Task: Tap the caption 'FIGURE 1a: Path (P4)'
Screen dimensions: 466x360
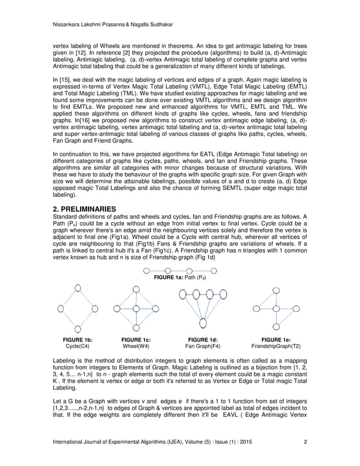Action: coord(179,278)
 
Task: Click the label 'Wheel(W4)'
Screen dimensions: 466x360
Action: coord(135,346)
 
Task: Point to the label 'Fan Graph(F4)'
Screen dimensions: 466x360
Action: coord(203,346)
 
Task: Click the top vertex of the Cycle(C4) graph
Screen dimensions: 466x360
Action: coord(77,289)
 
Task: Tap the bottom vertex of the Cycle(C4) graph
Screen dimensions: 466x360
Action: coord(77,329)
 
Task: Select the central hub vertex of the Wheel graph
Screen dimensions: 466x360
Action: coord(135,309)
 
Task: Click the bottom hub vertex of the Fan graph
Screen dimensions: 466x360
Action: coord(202,329)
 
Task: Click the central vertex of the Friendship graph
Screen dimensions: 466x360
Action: coord(275,309)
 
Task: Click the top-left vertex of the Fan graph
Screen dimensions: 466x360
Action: coord(182,293)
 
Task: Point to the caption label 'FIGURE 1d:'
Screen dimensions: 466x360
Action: coord(203,340)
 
